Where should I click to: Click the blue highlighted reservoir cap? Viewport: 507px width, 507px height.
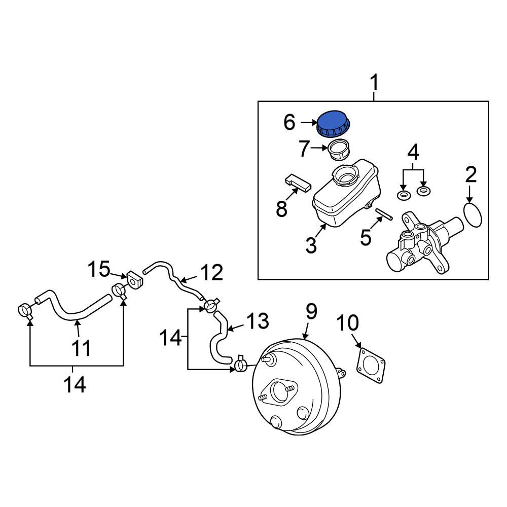coord(334,124)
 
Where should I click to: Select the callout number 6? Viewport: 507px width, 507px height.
coord(289,122)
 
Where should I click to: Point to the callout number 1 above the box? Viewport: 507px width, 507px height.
coord(374,83)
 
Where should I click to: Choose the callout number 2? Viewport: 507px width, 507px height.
coord(471,175)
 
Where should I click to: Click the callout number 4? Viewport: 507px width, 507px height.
coord(414,152)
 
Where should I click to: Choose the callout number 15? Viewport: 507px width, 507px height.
coord(99,269)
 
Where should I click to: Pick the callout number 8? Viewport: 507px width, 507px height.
coord(282,208)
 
